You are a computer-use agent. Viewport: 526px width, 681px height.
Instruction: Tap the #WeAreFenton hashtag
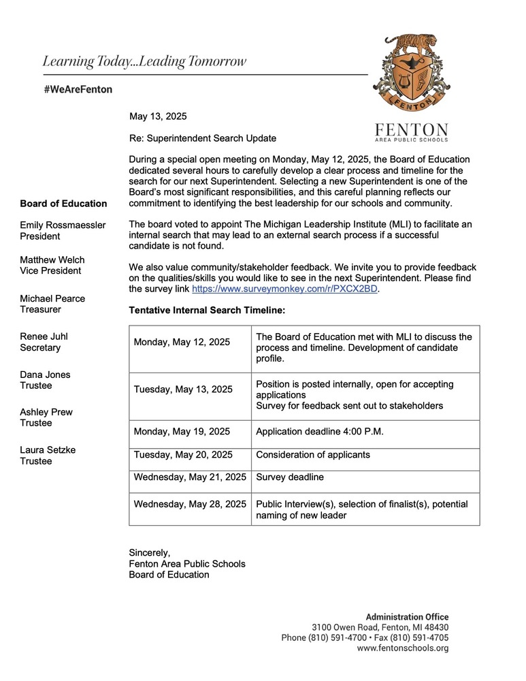pyautogui.click(x=78, y=89)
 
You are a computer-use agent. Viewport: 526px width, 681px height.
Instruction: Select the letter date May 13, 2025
pyautogui.click(x=158, y=116)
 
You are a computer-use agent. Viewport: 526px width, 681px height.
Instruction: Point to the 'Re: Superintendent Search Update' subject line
pyautogui.click(x=202, y=138)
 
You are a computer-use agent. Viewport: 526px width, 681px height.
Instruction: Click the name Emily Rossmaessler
pyautogui.click(x=63, y=225)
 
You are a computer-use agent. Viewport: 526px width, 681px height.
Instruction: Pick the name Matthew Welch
pyautogui.click(x=51, y=259)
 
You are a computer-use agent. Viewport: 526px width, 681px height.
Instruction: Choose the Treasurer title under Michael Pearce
pyautogui.click(x=41, y=309)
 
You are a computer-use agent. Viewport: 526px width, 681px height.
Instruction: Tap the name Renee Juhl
pyautogui.click(x=44, y=336)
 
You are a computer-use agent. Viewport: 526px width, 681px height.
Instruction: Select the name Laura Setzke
pyautogui.click(x=47, y=450)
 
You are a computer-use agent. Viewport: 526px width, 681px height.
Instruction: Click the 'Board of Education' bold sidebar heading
pyautogui.click(x=63, y=204)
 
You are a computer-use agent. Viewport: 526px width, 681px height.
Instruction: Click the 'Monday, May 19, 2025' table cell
pyautogui.click(x=182, y=431)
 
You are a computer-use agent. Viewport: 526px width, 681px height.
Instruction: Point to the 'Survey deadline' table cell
pyautogui.click(x=290, y=477)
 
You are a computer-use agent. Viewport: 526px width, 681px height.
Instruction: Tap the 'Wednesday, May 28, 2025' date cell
pyautogui.click(x=190, y=505)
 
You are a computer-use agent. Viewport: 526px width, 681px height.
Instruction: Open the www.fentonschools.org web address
pyautogui.click(x=403, y=648)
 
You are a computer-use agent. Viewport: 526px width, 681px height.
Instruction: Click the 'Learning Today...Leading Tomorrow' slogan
pyautogui.click(x=144, y=61)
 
